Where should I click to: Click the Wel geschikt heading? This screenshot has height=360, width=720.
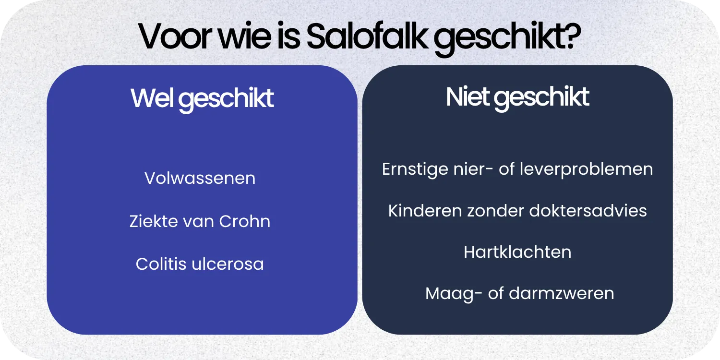click(202, 98)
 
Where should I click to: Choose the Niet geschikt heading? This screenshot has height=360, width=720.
click(517, 97)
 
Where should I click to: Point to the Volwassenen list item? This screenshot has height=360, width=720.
click(200, 179)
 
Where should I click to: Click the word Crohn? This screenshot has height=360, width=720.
click(245, 221)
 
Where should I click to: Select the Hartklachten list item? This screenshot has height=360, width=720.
click(517, 252)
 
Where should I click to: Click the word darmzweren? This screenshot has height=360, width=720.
click(561, 293)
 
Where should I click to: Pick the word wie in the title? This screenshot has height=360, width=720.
click(246, 36)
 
